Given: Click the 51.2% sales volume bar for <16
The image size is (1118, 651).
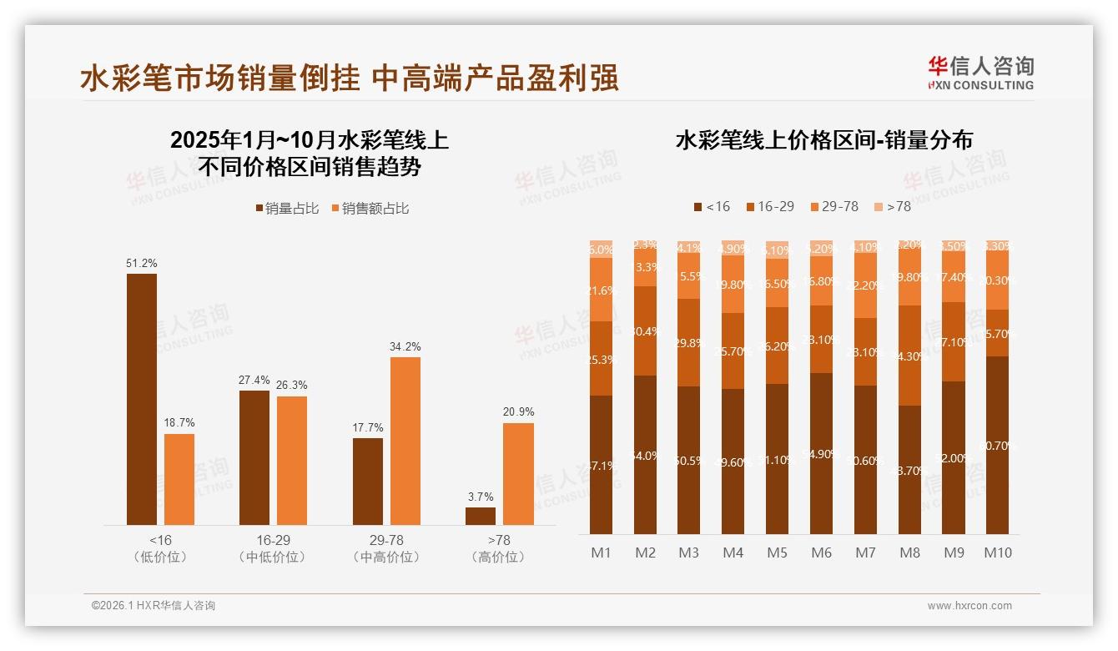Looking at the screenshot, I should (141, 399).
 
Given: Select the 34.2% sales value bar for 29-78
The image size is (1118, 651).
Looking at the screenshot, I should (405, 441).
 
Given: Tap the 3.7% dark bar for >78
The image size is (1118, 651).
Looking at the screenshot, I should (480, 516).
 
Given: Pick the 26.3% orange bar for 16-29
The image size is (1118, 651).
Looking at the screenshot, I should (292, 460).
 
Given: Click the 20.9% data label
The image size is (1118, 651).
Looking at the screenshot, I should (518, 411).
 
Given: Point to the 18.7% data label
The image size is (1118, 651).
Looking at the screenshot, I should (179, 422).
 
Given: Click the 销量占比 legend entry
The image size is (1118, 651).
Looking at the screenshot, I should (287, 209).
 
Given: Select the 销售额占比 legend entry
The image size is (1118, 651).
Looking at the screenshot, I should (370, 209).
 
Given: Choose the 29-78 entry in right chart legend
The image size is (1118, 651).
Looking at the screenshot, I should (833, 206).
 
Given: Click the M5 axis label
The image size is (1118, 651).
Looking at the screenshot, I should (777, 553).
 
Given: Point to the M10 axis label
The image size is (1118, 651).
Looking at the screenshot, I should (997, 553).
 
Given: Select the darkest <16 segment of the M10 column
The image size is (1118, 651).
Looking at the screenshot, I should (997, 445).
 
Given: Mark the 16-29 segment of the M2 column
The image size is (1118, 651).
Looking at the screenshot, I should (645, 331).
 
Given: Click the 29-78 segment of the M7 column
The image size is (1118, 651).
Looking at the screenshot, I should (865, 285).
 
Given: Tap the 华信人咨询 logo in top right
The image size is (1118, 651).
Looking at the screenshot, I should (980, 73).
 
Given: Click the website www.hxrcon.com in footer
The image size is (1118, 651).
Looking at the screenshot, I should (969, 606).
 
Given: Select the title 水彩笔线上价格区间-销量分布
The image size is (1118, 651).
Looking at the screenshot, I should (823, 140).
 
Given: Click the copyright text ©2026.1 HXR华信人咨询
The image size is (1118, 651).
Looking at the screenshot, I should (153, 606).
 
